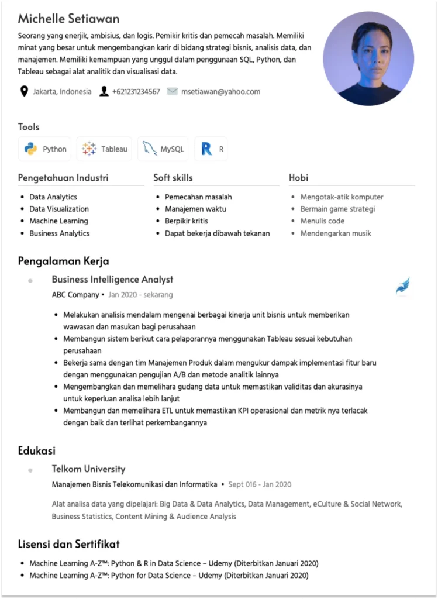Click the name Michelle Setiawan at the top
click(x=68, y=19)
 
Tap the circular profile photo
click(x=368, y=58)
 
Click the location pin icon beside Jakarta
click(x=24, y=91)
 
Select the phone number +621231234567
click(x=136, y=91)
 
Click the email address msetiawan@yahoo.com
click(x=220, y=91)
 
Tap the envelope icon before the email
click(x=172, y=91)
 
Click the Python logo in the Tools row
click(x=31, y=149)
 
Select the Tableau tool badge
click(x=105, y=149)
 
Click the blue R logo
click(x=206, y=149)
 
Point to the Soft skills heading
click(x=173, y=177)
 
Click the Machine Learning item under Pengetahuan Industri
click(x=58, y=221)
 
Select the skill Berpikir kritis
click(x=187, y=221)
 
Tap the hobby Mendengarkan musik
click(x=336, y=233)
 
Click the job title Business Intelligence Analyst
click(x=112, y=280)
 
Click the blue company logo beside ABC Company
click(x=403, y=287)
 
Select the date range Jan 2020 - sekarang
click(x=140, y=295)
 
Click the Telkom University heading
click(x=88, y=469)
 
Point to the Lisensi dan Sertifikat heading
click(x=68, y=544)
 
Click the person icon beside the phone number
click(x=104, y=91)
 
